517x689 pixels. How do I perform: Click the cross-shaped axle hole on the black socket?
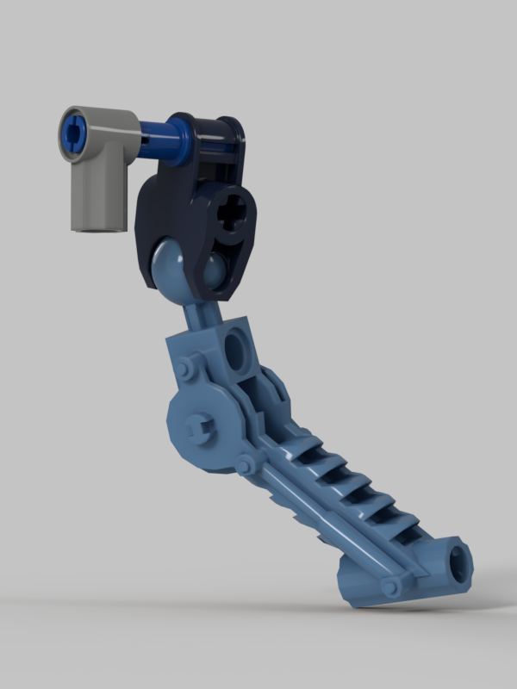[x=232, y=211]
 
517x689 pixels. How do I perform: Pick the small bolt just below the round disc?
[x=246, y=466]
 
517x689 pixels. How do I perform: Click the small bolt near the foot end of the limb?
[x=393, y=586]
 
